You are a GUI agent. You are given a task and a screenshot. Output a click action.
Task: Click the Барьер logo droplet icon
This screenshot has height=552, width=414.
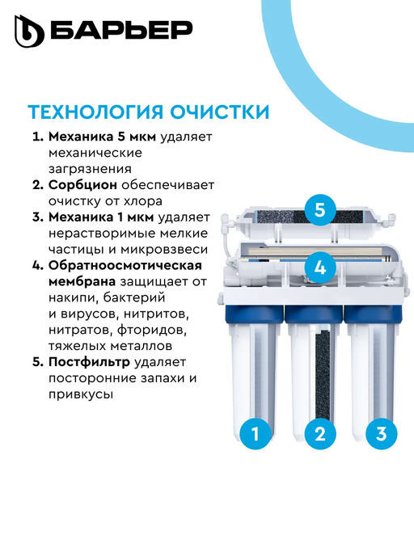pyautogui.click(x=29, y=32)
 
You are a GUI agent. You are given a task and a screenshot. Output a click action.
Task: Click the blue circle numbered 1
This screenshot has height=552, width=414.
pyautogui.click(x=256, y=433)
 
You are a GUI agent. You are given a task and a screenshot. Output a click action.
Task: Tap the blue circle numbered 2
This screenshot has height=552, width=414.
pyautogui.click(x=319, y=433)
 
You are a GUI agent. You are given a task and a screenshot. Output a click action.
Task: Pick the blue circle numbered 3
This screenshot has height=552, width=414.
pyautogui.click(x=381, y=433)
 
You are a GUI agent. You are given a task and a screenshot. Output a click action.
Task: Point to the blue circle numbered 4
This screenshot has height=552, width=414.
pyautogui.click(x=319, y=266)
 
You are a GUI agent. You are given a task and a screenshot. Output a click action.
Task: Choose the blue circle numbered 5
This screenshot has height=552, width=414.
pyautogui.click(x=319, y=210)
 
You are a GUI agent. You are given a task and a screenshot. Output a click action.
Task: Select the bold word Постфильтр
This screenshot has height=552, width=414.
pyautogui.click(x=88, y=363)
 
